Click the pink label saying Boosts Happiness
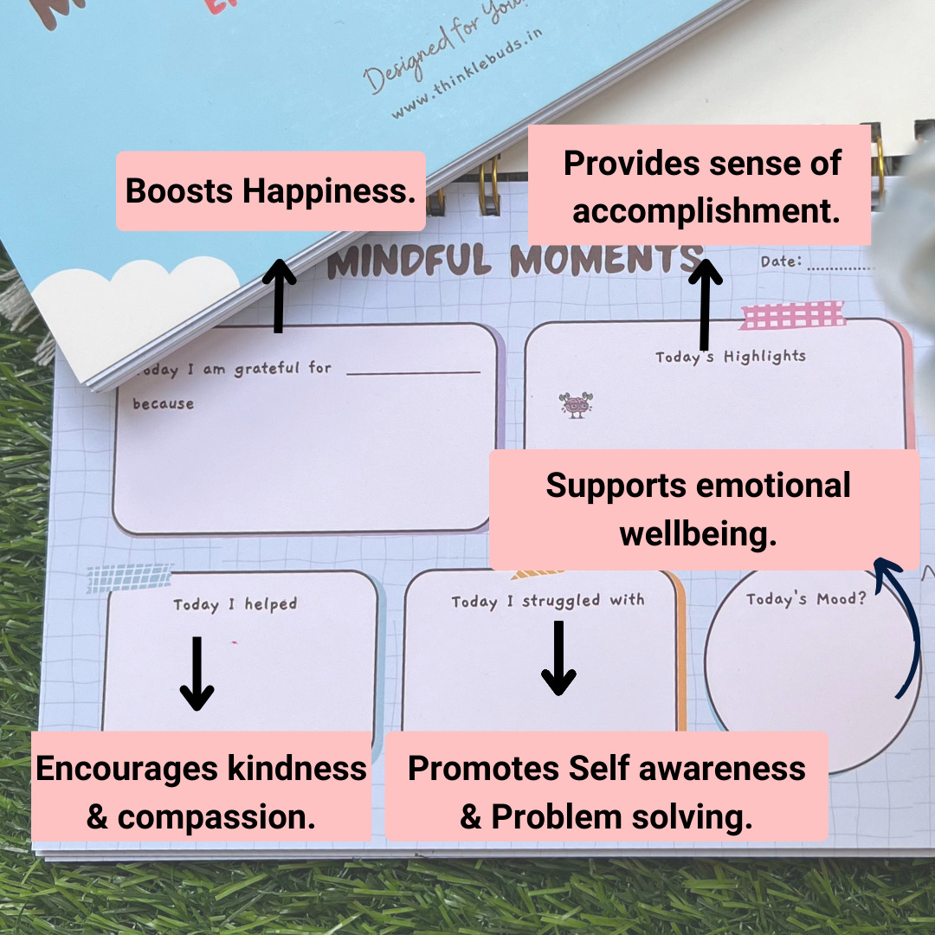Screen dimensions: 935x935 (x=270, y=191)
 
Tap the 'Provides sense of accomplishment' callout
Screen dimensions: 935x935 (x=700, y=185)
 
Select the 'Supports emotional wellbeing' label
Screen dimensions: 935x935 (x=705, y=510)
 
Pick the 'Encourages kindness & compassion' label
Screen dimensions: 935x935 (x=201, y=792)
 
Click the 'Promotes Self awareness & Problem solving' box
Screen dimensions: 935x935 (x=607, y=792)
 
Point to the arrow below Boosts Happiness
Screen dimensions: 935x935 (x=279, y=293)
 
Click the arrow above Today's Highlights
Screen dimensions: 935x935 (x=706, y=304)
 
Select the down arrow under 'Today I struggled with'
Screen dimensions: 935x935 (x=558, y=659)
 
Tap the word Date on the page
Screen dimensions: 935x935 (x=780, y=261)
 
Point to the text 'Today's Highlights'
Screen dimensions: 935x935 (x=730, y=357)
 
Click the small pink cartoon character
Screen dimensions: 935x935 (x=576, y=404)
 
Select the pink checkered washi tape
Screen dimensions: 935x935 (x=792, y=316)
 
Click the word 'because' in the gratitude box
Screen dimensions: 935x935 (x=163, y=403)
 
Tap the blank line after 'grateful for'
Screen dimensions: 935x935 (x=413, y=372)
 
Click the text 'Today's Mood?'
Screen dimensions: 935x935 (x=805, y=599)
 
